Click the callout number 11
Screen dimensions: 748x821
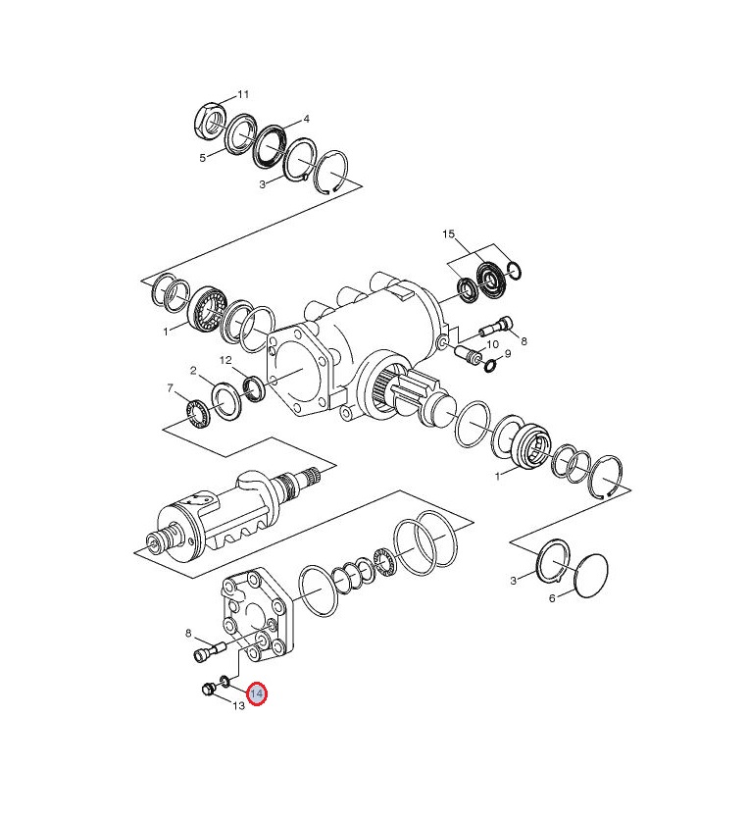(x=243, y=95)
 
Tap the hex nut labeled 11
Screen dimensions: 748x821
(x=211, y=123)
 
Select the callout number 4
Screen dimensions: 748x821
(x=306, y=119)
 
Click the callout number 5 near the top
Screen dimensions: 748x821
(x=203, y=158)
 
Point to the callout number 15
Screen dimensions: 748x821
(x=449, y=234)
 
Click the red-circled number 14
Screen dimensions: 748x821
(x=258, y=694)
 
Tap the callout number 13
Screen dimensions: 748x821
(x=238, y=706)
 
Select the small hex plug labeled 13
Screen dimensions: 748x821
(x=208, y=689)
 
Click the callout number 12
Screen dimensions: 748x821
(x=225, y=360)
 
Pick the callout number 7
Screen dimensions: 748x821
(x=171, y=388)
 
